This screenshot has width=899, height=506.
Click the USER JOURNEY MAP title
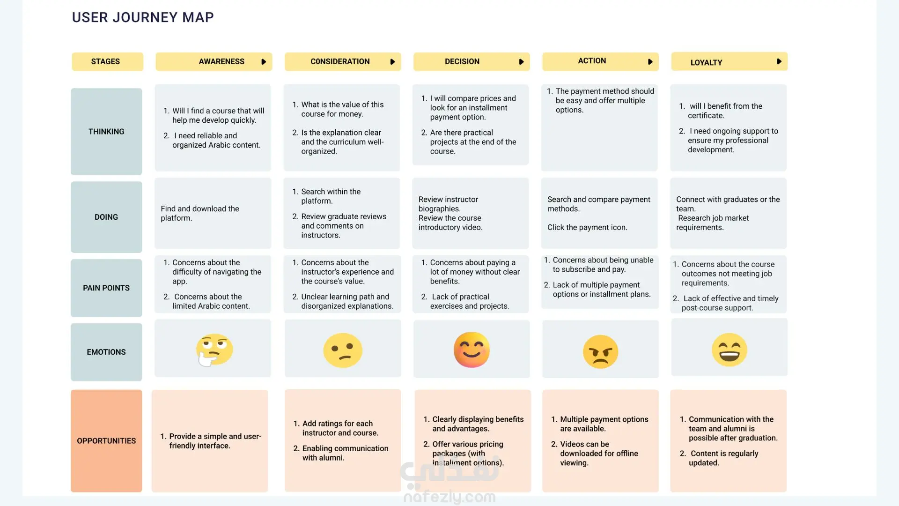click(143, 17)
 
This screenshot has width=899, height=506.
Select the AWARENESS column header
click(221, 61)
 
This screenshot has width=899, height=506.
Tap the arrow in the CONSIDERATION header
click(392, 62)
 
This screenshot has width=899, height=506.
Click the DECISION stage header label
click(462, 61)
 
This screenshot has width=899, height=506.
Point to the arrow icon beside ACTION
click(650, 62)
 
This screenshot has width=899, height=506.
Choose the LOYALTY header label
click(706, 62)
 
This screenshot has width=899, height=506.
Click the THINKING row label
click(106, 132)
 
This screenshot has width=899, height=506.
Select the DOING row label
click(106, 217)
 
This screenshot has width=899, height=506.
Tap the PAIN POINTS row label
click(106, 288)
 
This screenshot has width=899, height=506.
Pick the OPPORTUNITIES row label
click(106, 441)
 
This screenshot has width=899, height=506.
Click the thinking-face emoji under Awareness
click(214, 350)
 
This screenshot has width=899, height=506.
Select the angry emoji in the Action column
click(600, 351)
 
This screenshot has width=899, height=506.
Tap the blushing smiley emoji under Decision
click(472, 350)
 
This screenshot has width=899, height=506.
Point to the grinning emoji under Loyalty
click(730, 350)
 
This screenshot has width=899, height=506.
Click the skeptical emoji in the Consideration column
click(343, 350)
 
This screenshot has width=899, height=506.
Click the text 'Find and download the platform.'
click(200, 213)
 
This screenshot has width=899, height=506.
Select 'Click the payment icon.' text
click(587, 227)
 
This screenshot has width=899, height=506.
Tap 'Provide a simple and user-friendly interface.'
click(211, 441)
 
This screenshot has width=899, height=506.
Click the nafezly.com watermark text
click(449, 497)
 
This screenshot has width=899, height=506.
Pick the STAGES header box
click(107, 62)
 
